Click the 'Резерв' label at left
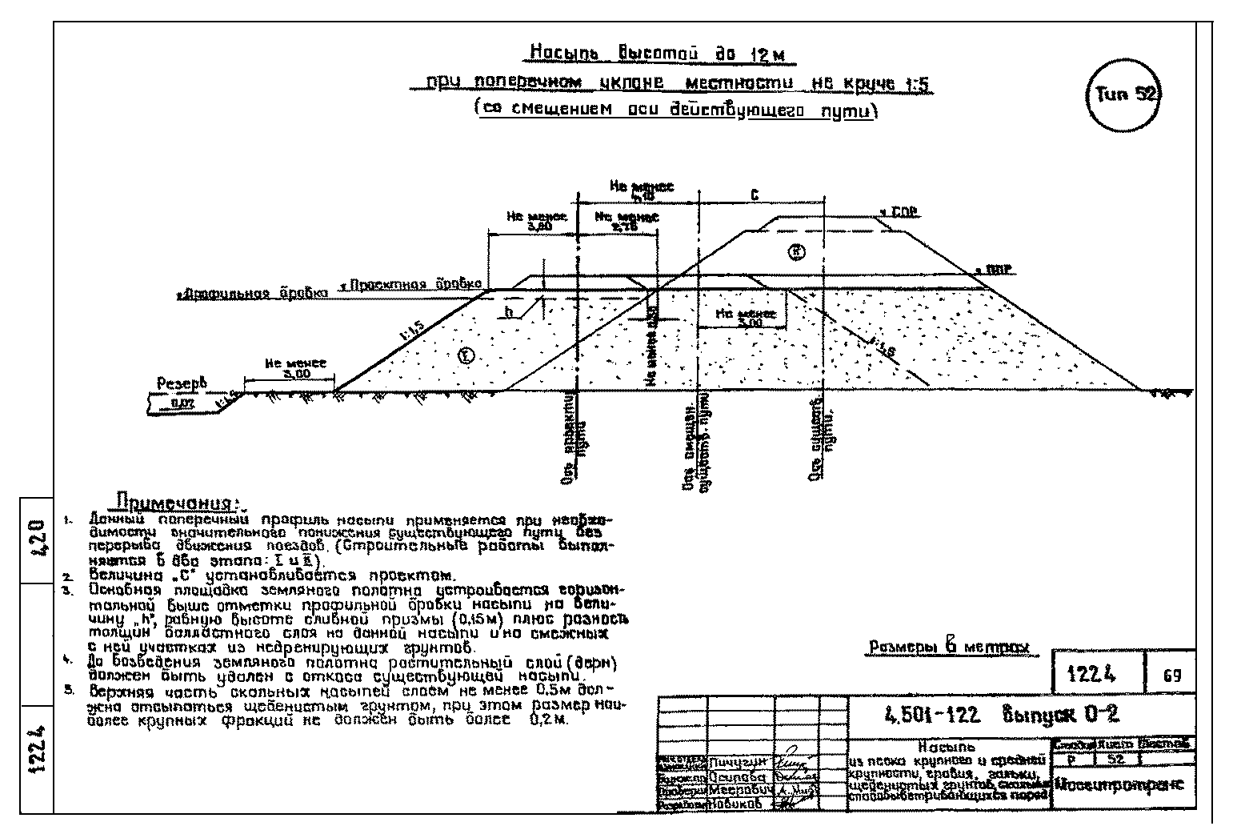click(181, 383)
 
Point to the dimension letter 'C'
click(754, 196)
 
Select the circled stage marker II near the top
click(797, 252)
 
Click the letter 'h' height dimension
click(508, 312)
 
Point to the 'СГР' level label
click(899, 213)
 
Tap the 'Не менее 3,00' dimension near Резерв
click(296, 368)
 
